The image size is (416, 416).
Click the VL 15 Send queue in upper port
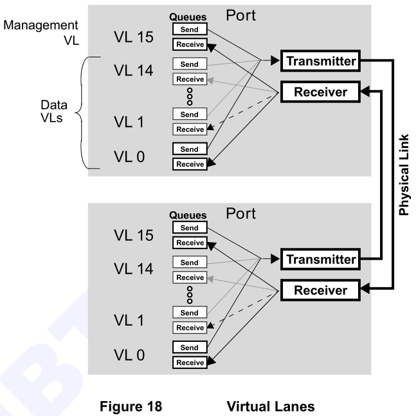189,30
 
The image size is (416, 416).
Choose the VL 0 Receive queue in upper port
189,164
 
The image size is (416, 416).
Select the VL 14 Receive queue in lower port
189,278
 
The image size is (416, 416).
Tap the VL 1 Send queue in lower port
189,313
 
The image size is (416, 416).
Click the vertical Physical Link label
404,175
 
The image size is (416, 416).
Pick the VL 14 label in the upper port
133,71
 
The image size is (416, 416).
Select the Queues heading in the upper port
188,17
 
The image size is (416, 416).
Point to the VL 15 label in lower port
133,235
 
